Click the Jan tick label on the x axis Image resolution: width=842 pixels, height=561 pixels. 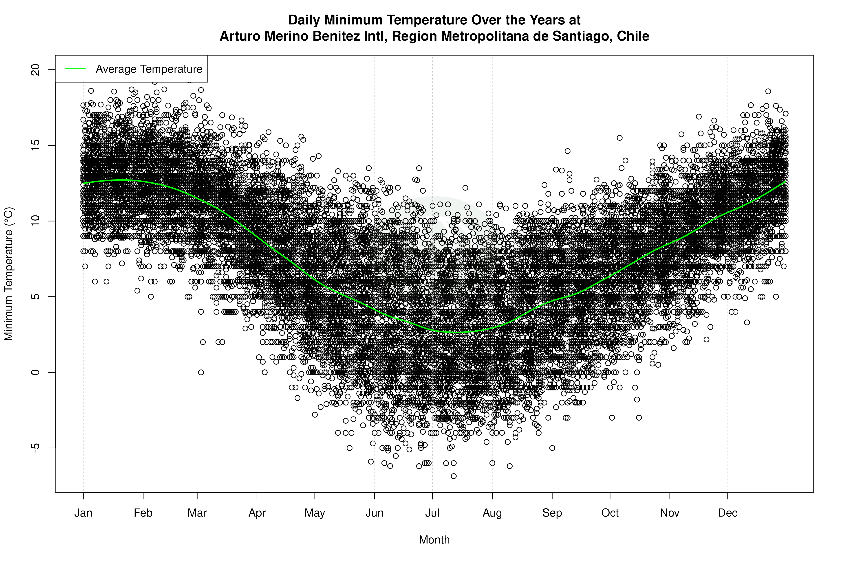click(x=83, y=513)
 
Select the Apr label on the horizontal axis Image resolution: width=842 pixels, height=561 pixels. click(x=257, y=513)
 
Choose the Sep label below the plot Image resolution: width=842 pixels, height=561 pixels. click(x=552, y=513)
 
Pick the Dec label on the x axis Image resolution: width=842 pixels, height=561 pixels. click(x=727, y=513)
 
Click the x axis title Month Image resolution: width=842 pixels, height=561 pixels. click(x=434, y=540)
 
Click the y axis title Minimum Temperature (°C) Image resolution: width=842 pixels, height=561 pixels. click(x=9, y=274)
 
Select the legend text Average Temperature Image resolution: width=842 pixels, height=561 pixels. click(x=149, y=69)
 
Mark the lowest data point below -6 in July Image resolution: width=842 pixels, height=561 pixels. click(x=454, y=476)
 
